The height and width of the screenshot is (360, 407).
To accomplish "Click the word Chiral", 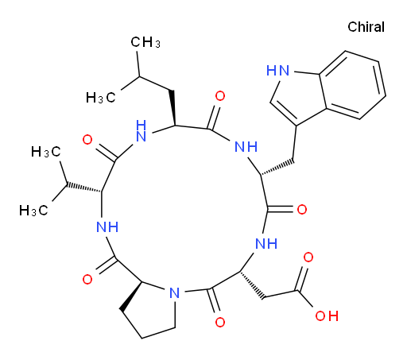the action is click(x=366, y=27).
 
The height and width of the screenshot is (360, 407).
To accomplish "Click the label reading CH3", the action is click(x=145, y=42).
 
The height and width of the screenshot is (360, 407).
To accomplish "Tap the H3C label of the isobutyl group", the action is click(x=101, y=98).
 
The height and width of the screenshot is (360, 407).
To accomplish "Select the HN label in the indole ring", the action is click(x=278, y=70).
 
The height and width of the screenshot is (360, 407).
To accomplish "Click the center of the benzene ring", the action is click(x=352, y=85).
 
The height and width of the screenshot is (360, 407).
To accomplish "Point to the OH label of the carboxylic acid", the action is click(x=327, y=315).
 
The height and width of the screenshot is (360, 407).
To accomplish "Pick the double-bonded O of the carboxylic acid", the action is click(x=308, y=257).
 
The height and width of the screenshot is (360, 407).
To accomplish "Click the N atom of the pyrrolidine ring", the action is click(x=175, y=292).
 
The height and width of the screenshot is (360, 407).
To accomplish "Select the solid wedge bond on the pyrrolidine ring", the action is click(x=132, y=296).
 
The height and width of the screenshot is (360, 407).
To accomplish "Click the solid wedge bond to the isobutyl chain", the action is click(x=172, y=108).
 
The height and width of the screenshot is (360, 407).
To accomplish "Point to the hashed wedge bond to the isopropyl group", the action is click(x=84, y=187).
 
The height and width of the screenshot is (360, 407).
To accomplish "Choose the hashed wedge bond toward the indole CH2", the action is click(x=277, y=168).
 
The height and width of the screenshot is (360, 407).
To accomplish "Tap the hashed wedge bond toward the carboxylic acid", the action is click(x=252, y=285).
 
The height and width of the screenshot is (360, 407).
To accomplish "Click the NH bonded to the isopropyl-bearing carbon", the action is click(x=107, y=227).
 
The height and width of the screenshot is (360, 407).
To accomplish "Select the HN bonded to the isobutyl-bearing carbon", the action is click(x=141, y=131).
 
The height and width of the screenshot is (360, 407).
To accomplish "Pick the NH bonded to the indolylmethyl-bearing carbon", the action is click(x=246, y=146).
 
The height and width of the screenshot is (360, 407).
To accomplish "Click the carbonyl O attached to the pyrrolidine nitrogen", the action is click(x=220, y=323).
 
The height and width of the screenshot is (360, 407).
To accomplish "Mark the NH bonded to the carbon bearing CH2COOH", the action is click(x=266, y=243).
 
